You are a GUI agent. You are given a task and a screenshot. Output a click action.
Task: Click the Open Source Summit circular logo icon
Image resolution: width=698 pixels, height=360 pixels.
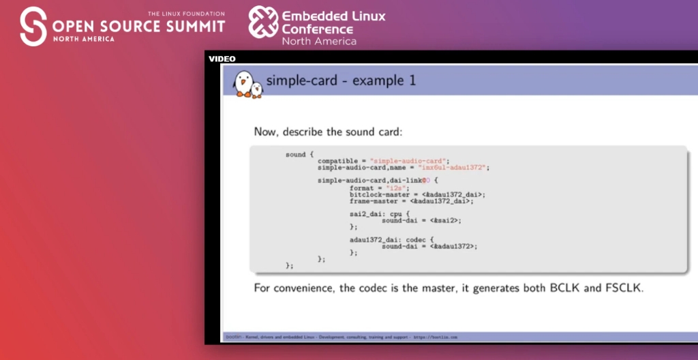tap(33, 27)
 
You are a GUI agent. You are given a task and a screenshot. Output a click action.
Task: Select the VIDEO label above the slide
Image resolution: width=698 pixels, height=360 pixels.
tap(222, 59)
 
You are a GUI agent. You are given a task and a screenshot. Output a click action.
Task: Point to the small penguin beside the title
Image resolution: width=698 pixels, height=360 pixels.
tap(257, 90)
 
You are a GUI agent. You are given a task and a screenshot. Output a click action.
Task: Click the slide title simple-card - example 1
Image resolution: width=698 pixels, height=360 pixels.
tap(341, 80)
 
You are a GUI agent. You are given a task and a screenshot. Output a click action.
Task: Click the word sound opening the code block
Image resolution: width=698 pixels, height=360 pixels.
tap(295, 155)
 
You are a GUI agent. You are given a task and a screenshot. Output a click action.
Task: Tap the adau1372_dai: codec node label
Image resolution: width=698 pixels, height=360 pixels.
tap(386, 240)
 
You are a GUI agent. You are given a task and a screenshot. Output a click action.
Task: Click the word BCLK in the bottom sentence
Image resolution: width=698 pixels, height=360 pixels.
tap(566, 288)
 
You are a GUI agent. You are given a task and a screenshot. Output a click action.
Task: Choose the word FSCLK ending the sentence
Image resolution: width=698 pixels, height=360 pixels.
tap(623, 288)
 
